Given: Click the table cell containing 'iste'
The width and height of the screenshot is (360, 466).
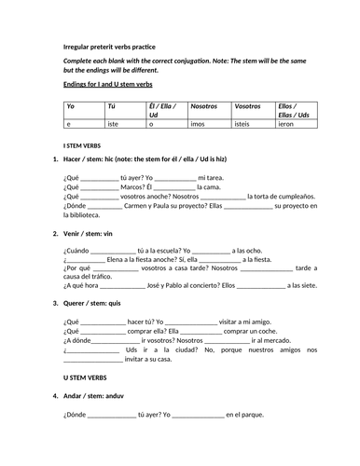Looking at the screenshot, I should [116, 123].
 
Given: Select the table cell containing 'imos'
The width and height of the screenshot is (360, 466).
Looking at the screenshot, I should [199, 123].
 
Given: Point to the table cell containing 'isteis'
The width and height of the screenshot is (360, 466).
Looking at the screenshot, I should [245, 123].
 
